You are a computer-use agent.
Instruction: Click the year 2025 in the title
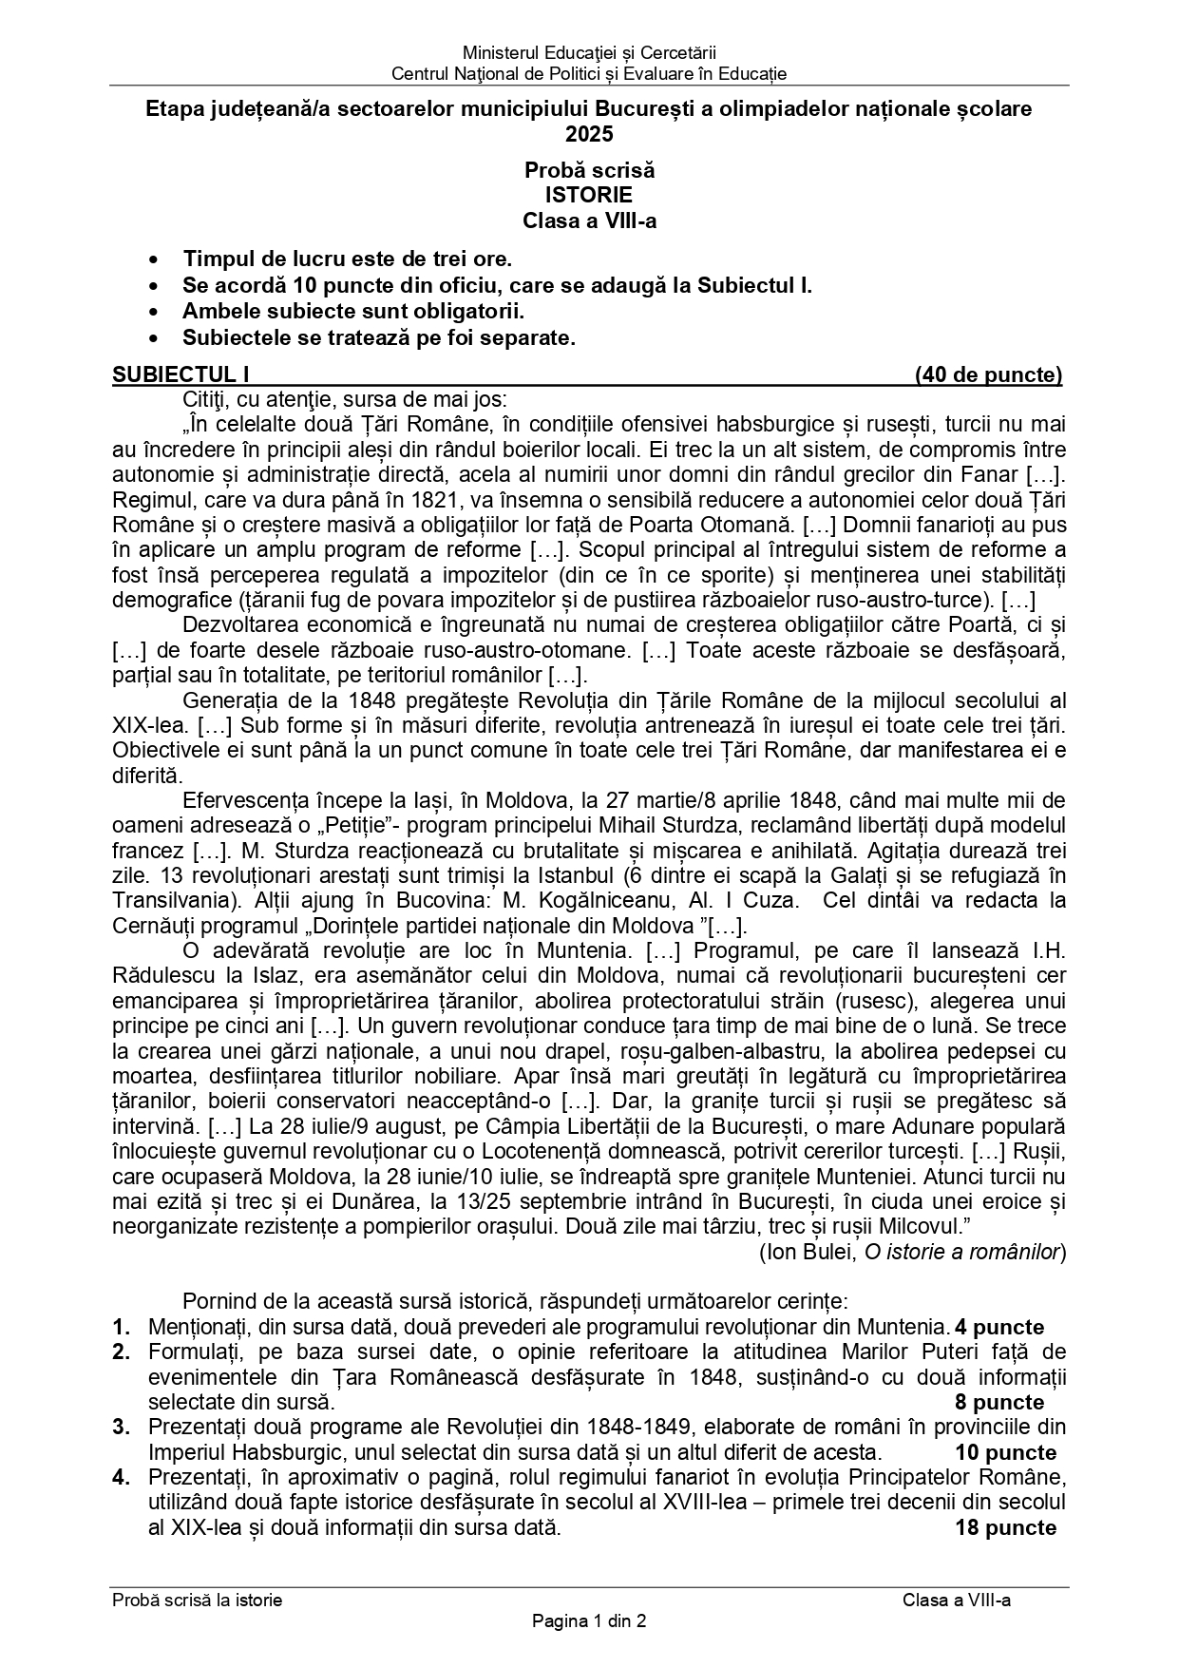pos(589,134)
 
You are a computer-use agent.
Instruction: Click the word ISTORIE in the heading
pos(589,196)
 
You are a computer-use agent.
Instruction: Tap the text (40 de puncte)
pos(988,374)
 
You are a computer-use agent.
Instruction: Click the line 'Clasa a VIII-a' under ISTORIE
pos(589,220)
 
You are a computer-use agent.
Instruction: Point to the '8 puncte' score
pos(998,1402)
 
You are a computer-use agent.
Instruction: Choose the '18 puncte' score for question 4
pos(1005,1527)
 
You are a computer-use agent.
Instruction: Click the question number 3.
pos(121,1428)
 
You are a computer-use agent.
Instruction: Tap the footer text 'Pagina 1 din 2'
pos(589,1621)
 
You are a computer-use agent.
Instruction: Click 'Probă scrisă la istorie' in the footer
pos(198,1600)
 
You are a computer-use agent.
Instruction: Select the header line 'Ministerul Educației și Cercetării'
pos(589,53)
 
